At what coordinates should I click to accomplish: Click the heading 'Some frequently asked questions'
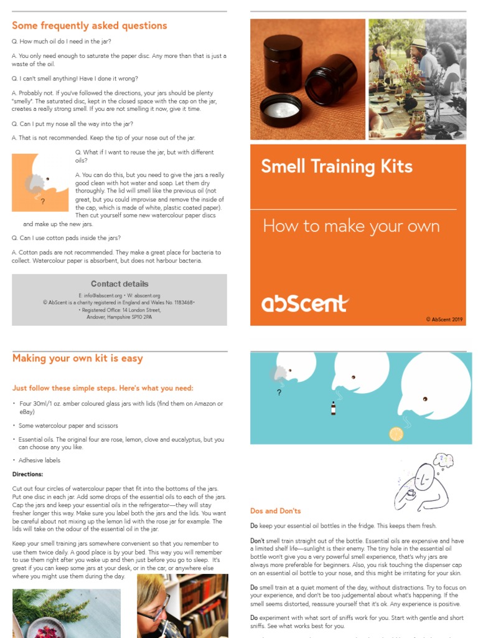pyautogui.click(x=90, y=26)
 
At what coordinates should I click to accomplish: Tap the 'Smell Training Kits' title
pyautogui.click(x=337, y=166)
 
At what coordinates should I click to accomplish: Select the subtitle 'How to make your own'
pyautogui.click(x=351, y=226)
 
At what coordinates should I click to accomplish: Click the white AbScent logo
pyautogui.click(x=304, y=304)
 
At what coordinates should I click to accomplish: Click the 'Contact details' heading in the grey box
pyautogui.click(x=119, y=283)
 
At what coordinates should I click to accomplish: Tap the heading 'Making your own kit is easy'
pyautogui.click(x=78, y=358)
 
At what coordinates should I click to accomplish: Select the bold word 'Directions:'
pyautogui.click(x=28, y=474)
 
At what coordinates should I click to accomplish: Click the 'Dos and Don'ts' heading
pyautogui.click(x=275, y=511)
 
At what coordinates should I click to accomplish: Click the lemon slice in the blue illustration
pyautogui.click(x=396, y=434)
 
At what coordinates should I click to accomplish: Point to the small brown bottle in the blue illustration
pyautogui.click(x=334, y=408)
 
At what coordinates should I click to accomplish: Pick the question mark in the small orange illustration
pyautogui.click(x=42, y=202)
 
